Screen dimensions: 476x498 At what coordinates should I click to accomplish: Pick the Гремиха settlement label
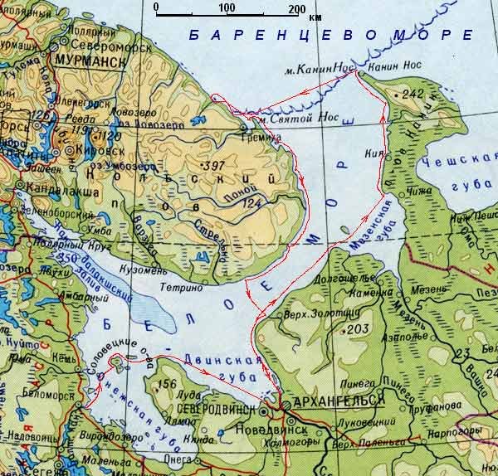pyautogui.click(x=256, y=138)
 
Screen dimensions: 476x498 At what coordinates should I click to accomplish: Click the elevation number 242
pyautogui.click(x=412, y=95)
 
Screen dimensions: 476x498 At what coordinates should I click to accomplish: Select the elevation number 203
pyautogui.click(x=358, y=329)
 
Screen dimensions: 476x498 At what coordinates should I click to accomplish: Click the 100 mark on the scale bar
pyautogui.click(x=227, y=7)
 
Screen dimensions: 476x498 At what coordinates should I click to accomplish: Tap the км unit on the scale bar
pyautogui.click(x=315, y=17)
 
